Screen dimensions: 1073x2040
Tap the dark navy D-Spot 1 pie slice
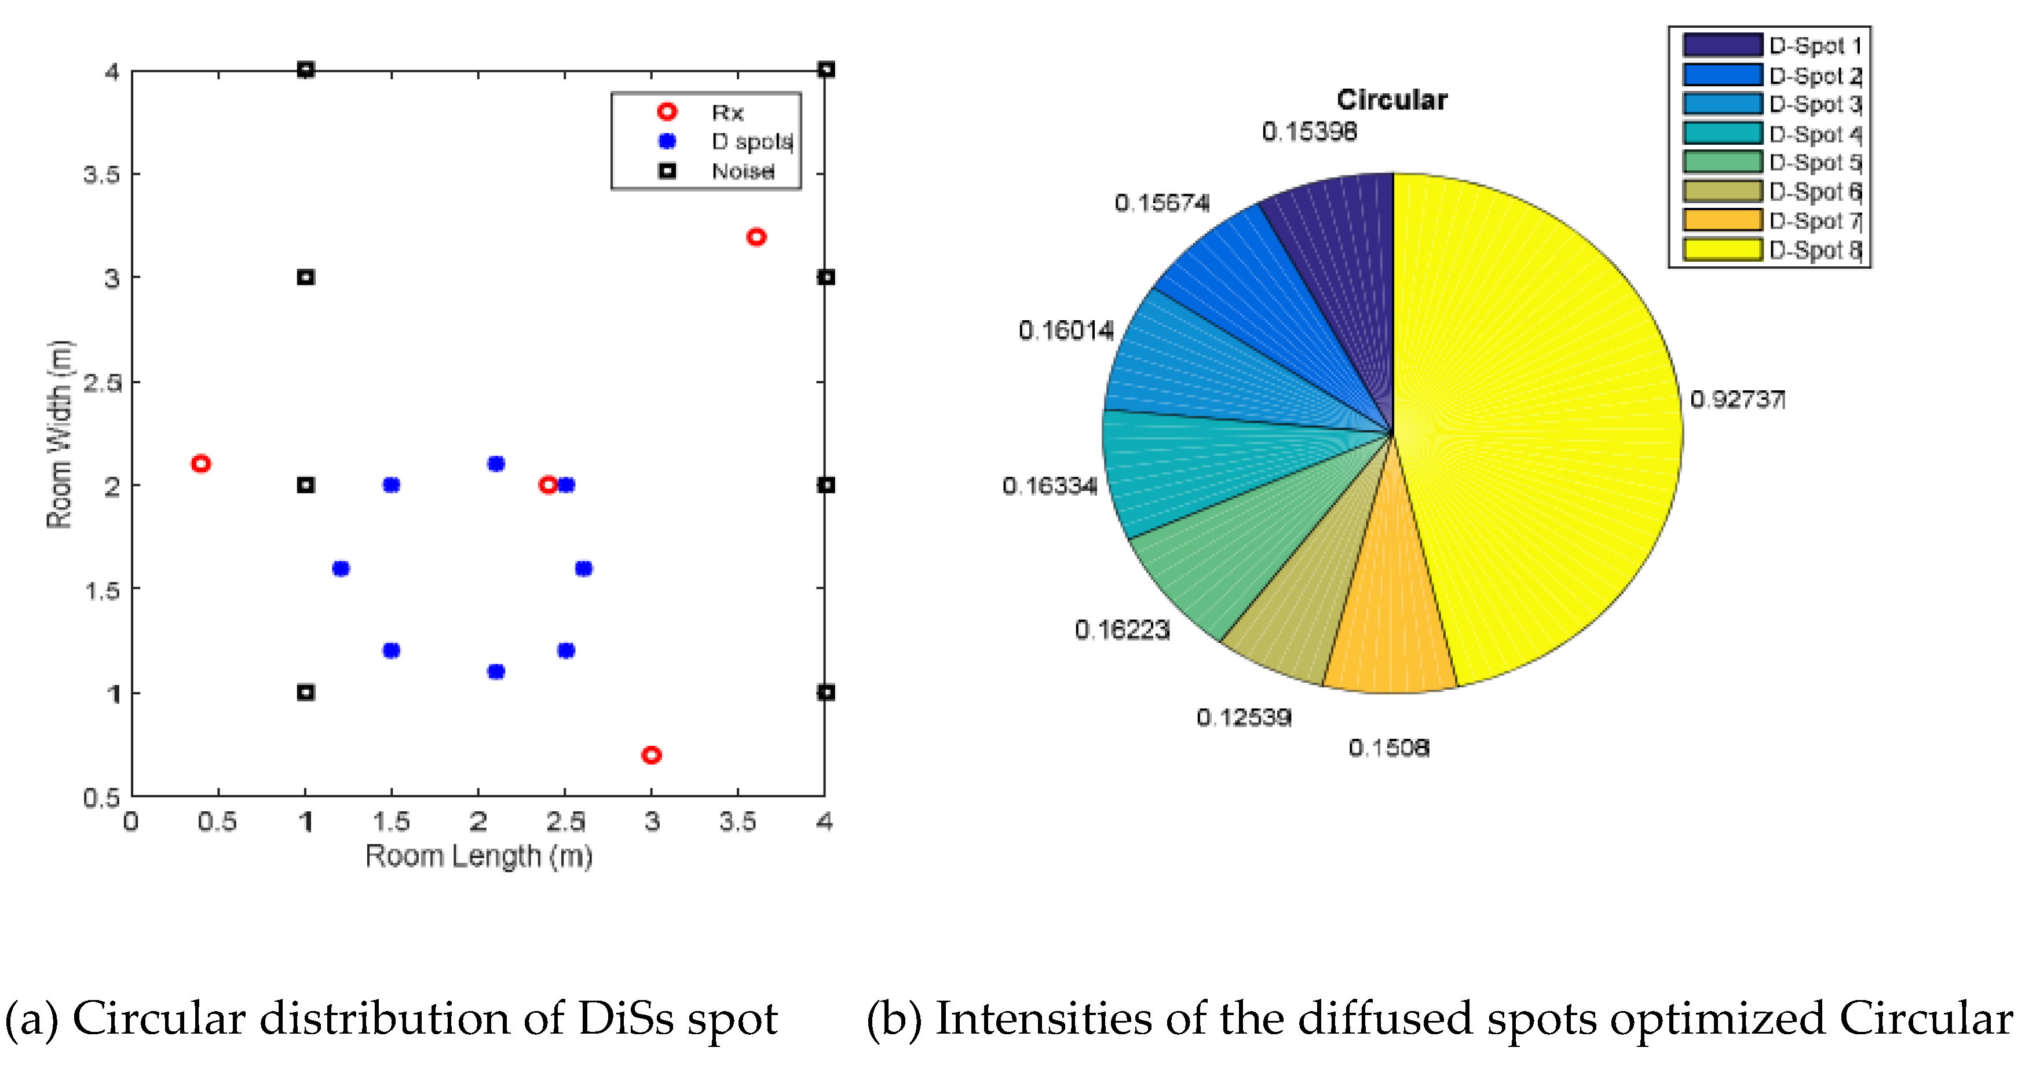[x=1346, y=254]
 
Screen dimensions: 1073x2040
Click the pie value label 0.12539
[x=1244, y=717]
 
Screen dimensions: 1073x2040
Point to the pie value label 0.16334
[x=1050, y=485]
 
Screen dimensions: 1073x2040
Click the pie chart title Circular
[x=1391, y=100]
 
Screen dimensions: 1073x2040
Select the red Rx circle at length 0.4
[x=201, y=463]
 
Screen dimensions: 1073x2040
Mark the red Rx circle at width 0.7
[x=651, y=755]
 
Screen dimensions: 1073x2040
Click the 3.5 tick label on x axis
[x=737, y=822]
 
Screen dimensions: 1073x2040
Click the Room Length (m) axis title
[x=478, y=856]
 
